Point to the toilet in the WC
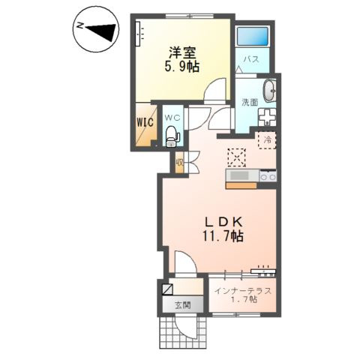172,136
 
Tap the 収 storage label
180,161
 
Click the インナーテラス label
242,289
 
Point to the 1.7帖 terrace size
242,299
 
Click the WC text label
172,117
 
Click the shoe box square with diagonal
166,289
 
